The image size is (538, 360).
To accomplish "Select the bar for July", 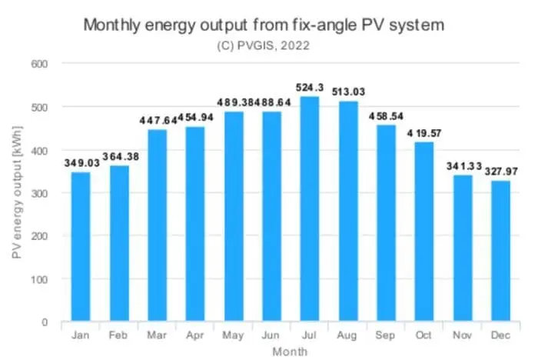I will (x=310, y=208).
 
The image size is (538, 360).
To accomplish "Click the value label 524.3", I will (x=310, y=88).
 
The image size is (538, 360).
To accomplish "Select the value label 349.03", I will (x=81, y=163).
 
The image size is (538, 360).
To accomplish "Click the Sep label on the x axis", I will (x=386, y=337).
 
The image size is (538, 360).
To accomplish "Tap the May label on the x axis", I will (x=234, y=337).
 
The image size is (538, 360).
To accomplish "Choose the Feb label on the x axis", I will (x=119, y=337).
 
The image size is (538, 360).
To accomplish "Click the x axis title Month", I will (x=291, y=351).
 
